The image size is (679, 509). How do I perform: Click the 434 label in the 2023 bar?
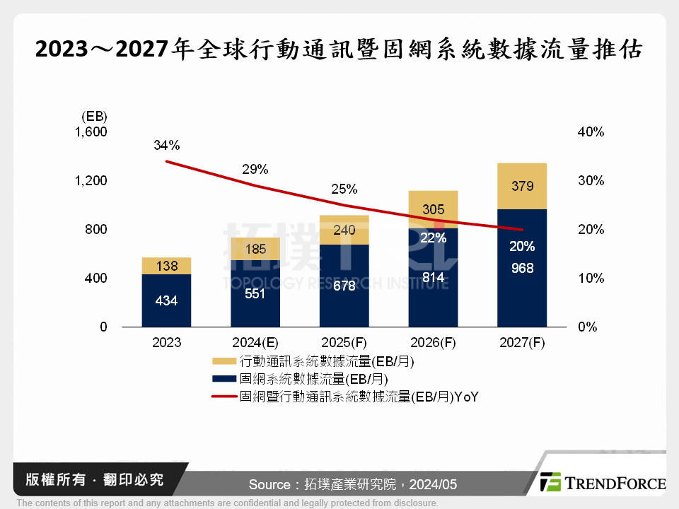tap(167, 301)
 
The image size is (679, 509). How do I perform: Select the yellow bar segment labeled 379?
tap(522, 186)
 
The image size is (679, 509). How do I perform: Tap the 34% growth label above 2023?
tap(167, 146)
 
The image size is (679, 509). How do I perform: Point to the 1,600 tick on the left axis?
tap(91, 132)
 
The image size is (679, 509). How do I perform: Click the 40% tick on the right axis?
tap(591, 132)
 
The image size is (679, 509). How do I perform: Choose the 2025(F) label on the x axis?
tap(344, 343)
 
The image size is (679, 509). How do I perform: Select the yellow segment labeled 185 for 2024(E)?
tap(255, 248)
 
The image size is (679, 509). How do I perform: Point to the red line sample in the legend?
tap(224, 397)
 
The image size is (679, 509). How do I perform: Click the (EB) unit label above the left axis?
tap(94, 116)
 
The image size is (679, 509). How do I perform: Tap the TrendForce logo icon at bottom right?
tap(550, 483)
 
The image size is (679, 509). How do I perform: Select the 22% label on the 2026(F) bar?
tap(433, 238)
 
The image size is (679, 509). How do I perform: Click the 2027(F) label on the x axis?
tap(522, 343)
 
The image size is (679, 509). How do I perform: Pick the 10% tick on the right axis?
tap(591, 279)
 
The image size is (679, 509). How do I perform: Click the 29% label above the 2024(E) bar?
tap(255, 170)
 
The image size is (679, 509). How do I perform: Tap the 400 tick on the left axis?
tap(96, 279)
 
